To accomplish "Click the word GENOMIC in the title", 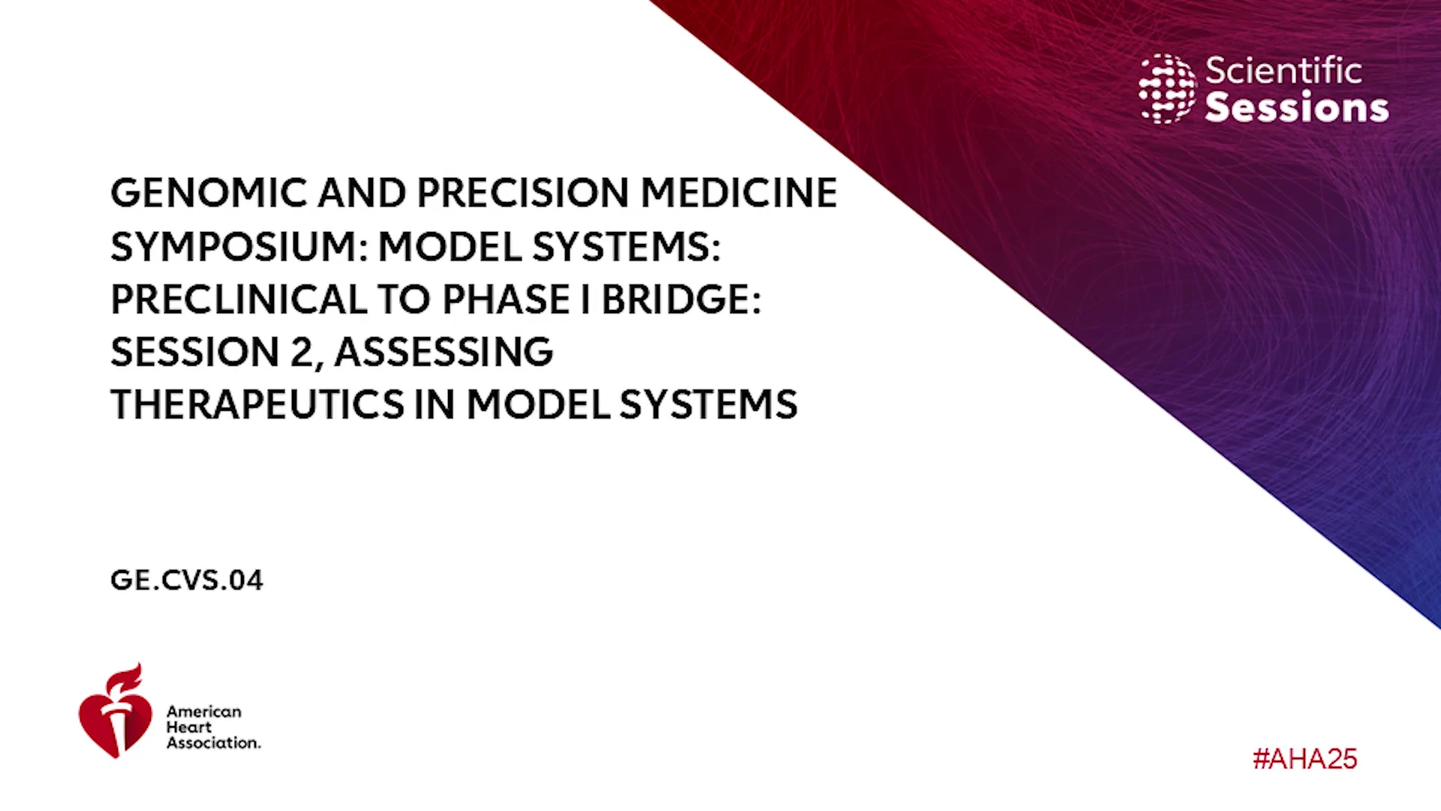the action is [x=209, y=193].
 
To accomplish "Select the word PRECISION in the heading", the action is [x=522, y=193].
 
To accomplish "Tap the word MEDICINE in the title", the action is [x=739, y=193].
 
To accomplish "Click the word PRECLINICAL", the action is [x=238, y=300].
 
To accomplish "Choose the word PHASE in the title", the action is [x=506, y=300].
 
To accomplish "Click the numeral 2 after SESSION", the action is [x=302, y=352].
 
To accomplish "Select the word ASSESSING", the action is [x=444, y=352].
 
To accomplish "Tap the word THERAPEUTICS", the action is [x=257, y=405].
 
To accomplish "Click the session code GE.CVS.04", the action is [x=187, y=580].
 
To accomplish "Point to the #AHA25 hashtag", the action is [x=1305, y=759].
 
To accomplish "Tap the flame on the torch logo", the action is [x=125, y=678].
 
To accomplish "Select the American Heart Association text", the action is [x=213, y=727].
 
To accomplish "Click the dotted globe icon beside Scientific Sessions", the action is [x=1167, y=89].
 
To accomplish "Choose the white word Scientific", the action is [x=1283, y=71].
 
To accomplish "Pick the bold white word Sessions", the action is [x=1297, y=107].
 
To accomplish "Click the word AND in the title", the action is [x=362, y=193].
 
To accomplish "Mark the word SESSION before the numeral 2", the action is [x=195, y=352].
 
